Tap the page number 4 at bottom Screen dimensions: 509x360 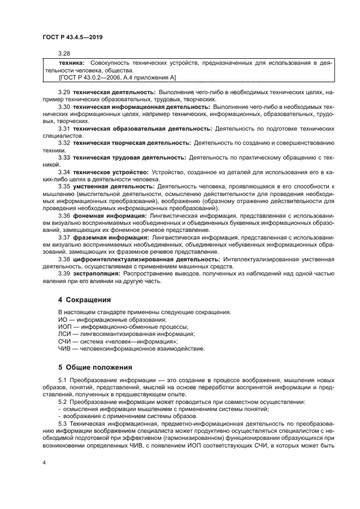tap(44, 462)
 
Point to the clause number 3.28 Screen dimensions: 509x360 tap(64, 54)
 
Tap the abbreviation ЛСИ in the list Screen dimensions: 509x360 tap(65, 334)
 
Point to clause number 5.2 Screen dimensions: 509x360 tap(63, 402)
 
